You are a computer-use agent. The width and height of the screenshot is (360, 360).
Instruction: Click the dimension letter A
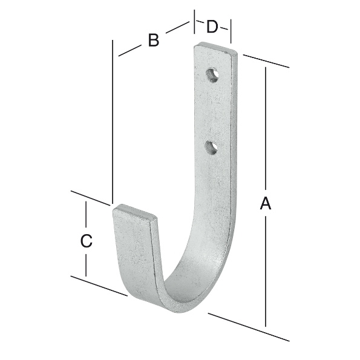(265, 205)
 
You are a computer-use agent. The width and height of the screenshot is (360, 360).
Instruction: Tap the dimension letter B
(153, 41)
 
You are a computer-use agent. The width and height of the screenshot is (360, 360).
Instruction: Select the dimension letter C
(87, 240)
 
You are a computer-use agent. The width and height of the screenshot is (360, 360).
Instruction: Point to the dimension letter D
(212, 27)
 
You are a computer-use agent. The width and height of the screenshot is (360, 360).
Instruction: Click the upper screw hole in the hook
(211, 75)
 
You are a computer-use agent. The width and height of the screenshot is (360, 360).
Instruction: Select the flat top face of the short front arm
(136, 214)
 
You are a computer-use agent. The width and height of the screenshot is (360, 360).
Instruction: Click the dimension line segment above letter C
(87, 215)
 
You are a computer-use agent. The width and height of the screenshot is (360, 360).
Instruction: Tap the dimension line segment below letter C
(87, 263)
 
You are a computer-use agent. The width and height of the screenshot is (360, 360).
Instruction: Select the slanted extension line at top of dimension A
(266, 61)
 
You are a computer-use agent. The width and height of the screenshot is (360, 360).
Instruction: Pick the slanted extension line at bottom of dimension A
(248, 327)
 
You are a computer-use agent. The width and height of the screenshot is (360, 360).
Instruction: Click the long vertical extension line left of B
(113, 121)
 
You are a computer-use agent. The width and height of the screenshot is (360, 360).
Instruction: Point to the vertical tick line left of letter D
(195, 23)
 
